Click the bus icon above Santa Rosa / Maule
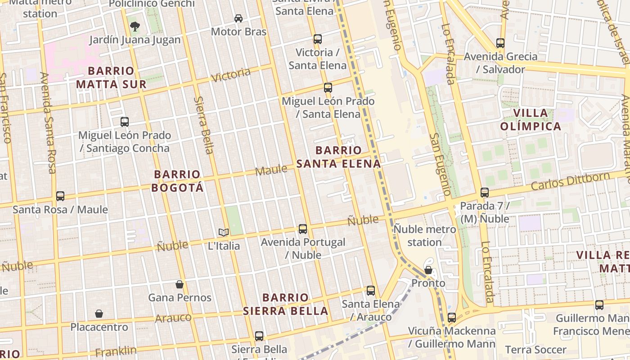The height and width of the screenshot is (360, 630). click(x=60, y=196)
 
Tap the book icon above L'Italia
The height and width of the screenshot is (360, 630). click(x=224, y=233)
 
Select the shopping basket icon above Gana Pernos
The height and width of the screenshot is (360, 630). click(x=180, y=284)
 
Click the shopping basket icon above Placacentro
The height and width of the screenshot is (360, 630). click(x=99, y=314)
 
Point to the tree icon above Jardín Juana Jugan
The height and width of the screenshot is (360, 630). click(x=135, y=27)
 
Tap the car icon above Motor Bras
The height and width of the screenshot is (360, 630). click(x=238, y=18)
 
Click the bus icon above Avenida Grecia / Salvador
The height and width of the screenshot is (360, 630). click(x=500, y=43)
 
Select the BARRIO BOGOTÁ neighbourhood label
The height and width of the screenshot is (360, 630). click(x=177, y=181)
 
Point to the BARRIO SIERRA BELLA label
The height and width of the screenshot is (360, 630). click(x=285, y=304)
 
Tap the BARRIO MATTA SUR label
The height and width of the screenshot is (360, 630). click(x=111, y=77)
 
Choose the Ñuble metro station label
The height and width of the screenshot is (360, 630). click(x=424, y=236)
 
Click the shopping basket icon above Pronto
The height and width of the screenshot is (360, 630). click(x=428, y=270)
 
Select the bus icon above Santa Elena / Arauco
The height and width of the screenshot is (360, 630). click(x=371, y=291)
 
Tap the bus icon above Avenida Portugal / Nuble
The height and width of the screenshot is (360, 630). click(x=303, y=229)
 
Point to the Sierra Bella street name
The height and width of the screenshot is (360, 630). click(x=204, y=125)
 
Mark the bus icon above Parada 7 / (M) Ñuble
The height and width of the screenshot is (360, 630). click(x=485, y=193)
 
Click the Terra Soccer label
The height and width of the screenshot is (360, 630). click(x=535, y=350)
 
